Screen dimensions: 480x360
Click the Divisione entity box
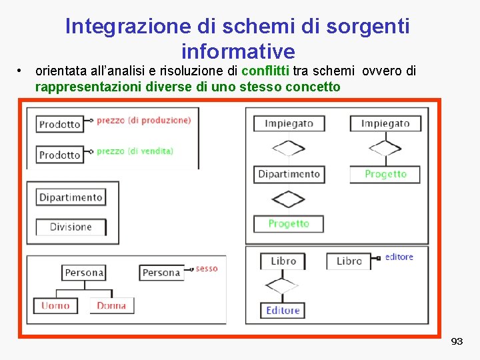(x=71, y=227)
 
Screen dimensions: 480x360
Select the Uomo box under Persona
(x=55, y=305)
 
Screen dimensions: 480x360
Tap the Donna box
(x=111, y=305)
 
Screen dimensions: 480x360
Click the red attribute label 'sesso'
(x=207, y=269)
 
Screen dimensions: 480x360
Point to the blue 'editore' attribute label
(x=399, y=257)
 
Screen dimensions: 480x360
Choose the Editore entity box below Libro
(x=283, y=310)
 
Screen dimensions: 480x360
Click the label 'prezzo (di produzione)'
(x=143, y=120)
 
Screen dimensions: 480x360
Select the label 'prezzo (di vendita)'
(x=135, y=151)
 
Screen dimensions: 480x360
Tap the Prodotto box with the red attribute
(x=59, y=124)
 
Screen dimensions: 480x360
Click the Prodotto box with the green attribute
(x=59, y=155)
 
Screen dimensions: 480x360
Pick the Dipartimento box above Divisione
(x=71, y=197)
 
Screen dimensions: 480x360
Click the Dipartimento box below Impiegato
(x=289, y=174)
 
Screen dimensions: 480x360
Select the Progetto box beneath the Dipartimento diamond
(x=289, y=223)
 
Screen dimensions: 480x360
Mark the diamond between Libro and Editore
(x=282, y=286)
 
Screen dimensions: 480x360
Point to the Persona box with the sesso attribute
(x=161, y=272)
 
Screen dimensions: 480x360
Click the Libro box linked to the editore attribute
(x=349, y=261)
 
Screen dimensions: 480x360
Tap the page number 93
(x=457, y=341)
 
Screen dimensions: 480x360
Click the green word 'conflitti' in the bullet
(x=265, y=71)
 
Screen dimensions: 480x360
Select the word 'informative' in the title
(x=237, y=51)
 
